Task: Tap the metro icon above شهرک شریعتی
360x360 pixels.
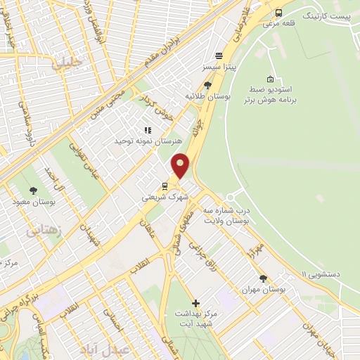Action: tap(165, 186)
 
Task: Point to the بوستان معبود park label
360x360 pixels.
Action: tap(33, 202)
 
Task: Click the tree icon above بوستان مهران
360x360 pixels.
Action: tap(263, 278)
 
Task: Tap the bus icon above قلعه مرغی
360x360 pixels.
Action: tap(279, 13)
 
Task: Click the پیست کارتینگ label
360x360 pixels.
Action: tap(329, 14)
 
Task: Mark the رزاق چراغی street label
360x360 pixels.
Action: tap(205, 259)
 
